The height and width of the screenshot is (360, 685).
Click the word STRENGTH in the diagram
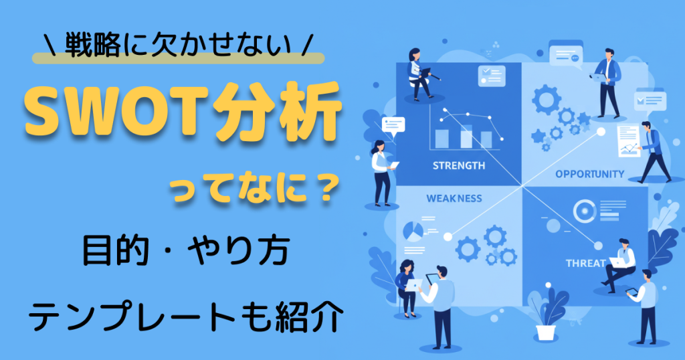(459, 165)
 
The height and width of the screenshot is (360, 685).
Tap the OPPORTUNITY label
(590, 174)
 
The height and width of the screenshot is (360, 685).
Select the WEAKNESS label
(454, 198)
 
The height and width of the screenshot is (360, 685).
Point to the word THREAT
(585, 263)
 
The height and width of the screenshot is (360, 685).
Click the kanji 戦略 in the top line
(92, 45)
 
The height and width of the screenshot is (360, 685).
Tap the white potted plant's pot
(546, 333)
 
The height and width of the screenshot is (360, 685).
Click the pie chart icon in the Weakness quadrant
(413, 232)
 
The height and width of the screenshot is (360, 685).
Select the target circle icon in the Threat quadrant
(585, 211)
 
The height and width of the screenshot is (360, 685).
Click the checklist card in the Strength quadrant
(492, 76)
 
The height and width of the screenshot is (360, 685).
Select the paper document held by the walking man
(628, 141)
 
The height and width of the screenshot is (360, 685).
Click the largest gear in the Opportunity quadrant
(547, 100)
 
